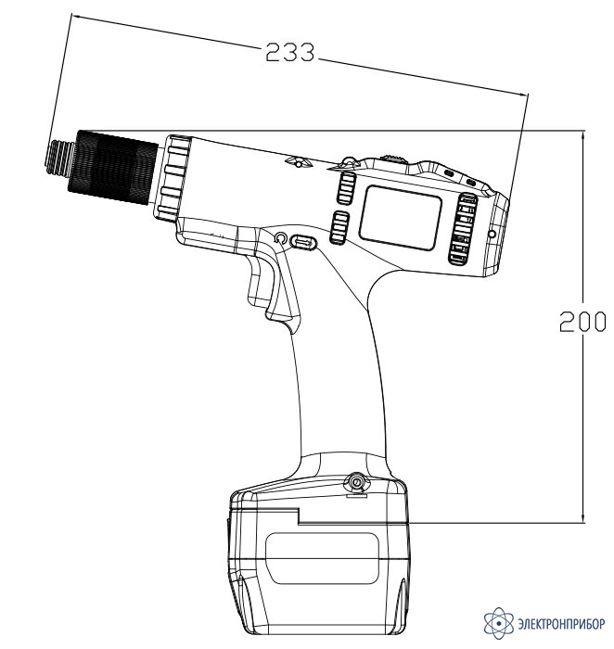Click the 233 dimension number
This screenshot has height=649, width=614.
pyautogui.click(x=289, y=53)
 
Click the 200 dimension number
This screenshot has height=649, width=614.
pyautogui.click(x=582, y=322)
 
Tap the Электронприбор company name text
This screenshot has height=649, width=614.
pyautogui.click(x=561, y=623)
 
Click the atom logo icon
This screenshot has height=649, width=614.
pyautogui.click(x=498, y=622)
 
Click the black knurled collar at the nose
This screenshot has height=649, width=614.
pyautogui.click(x=113, y=168)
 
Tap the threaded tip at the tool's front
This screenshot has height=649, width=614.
pyautogui.click(x=59, y=158)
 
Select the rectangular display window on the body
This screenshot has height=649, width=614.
pyautogui.click(x=401, y=217)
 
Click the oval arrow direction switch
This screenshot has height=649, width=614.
pyautogui.click(x=303, y=242)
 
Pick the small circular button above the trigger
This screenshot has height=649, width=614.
pyautogui.click(x=280, y=238)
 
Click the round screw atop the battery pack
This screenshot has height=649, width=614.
pyautogui.click(x=356, y=482)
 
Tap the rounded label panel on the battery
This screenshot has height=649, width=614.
pyautogui.click(x=322, y=558)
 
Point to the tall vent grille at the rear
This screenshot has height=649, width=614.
pyautogui.click(x=463, y=229)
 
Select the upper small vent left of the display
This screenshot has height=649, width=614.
pyautogui.click(x=346, y=189)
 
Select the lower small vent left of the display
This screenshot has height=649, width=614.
pyautogui.click(x=339, y=228)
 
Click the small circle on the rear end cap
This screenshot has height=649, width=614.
pyautogui.click(x=492, y=235)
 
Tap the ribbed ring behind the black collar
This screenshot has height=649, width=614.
pyautogui.click(x=173, y=178)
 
